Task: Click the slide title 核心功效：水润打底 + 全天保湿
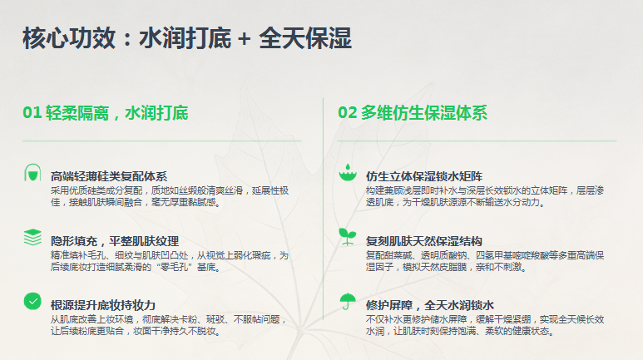point(187,38)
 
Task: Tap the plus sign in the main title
point(244,39)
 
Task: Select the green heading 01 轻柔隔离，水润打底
point(106,113)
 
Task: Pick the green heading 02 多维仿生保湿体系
point(413,113)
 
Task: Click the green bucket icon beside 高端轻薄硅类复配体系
point(32,173)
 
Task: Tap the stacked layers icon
point(32,237)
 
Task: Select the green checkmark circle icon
point(32,301)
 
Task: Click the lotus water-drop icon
point(348,173)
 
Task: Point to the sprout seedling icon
point(348,237)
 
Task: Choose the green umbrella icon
point(348,301)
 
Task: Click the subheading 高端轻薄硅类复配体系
point(109,177)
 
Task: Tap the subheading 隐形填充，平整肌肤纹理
point(115,241)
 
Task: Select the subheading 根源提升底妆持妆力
point(103,305)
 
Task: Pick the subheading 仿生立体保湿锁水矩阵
point(424,177)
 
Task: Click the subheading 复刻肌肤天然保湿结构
point(424,241)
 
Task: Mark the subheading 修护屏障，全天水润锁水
point(430,305)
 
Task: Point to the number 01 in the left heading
point(32,113)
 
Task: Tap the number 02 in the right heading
point(348,113)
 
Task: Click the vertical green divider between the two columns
point(323,209)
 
